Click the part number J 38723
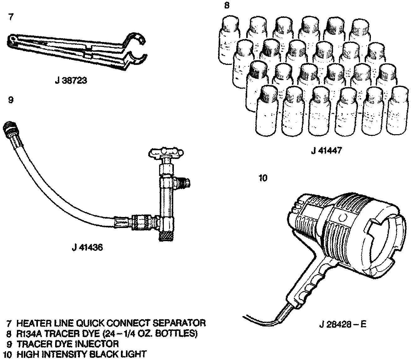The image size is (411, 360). coord(71,81)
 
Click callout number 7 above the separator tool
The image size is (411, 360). coord(11,17)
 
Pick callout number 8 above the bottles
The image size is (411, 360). coord(227,6)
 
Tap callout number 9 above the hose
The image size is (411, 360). coord(11,100)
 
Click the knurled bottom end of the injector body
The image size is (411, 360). coord(165,235)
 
